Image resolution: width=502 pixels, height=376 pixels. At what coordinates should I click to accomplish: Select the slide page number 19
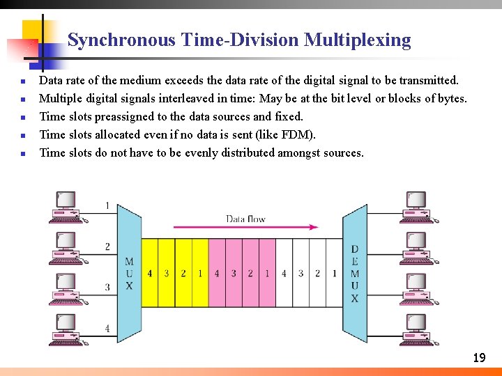point(479,358)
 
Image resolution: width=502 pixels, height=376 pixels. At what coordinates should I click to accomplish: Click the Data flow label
point(245,219)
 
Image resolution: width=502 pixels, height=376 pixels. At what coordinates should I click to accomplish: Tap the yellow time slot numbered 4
point(149,274)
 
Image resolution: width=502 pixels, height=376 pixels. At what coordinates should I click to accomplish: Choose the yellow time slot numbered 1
point(200,274)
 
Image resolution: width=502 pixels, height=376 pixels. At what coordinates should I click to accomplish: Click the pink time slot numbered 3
point(234,274)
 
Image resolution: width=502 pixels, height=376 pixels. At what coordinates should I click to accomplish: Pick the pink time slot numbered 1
point(267,274)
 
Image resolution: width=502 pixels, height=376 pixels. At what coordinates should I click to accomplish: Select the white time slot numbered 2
point(317,274)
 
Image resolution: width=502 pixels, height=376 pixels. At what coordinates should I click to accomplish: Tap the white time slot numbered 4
point(284,274)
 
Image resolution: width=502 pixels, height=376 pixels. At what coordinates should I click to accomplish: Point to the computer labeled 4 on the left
point(66,329)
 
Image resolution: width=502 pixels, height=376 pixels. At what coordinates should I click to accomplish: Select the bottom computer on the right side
point(418,329)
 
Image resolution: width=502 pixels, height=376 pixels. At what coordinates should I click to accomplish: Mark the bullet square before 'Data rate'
point(24,81)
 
